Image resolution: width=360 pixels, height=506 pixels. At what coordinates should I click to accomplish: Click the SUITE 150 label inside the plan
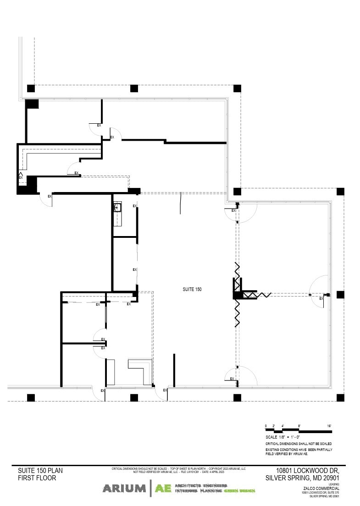192,289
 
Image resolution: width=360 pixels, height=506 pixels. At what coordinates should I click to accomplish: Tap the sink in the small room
117,208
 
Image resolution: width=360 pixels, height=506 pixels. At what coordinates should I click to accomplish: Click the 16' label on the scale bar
329,426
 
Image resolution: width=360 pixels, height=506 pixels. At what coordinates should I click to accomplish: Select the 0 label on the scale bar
266,426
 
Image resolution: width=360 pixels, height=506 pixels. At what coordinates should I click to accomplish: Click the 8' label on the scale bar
299,426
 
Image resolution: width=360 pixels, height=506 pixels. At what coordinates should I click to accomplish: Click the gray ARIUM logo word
124,489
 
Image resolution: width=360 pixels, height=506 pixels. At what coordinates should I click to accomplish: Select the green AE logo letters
163,489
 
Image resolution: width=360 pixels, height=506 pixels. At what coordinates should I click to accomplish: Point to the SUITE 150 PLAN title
40,471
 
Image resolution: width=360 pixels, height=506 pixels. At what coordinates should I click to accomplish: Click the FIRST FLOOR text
37,478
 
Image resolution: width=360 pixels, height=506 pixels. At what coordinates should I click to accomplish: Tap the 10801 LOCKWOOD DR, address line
307,471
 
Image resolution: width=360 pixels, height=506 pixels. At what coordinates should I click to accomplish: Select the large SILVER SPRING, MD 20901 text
302,478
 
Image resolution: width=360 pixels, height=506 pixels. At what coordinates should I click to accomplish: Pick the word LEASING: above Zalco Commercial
333,484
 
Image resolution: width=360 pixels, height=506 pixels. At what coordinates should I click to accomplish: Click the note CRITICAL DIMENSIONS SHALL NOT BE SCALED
299,444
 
